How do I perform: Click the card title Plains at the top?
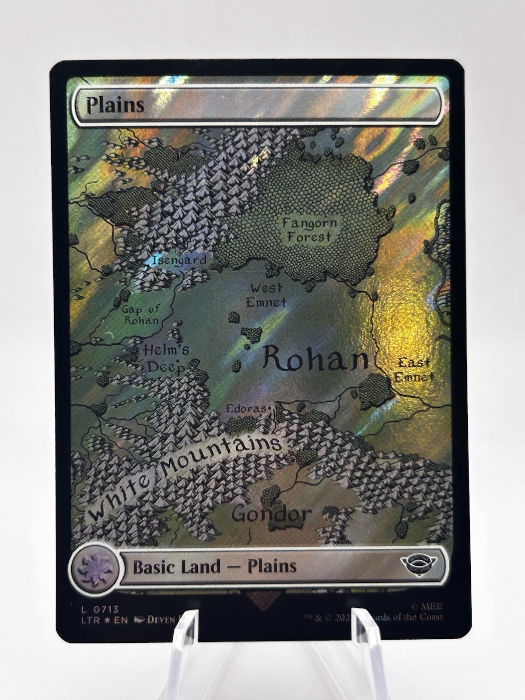pyautogui.click(x=115, y=105)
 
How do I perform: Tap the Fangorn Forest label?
pyautogui.click(x=309, y=230)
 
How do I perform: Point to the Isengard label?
pyautogui.click(x=179, y=260)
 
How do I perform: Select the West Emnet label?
pyautogui.click(x=266, y=295)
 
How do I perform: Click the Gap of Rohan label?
pyautogui.click(x=141, y=314)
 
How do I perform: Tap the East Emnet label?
pyautogui.click(x=413, y=370)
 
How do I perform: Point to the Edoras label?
pyautogui.click(x=246, y=409)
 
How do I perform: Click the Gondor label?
pyautogui.click(x=271, y=514)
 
